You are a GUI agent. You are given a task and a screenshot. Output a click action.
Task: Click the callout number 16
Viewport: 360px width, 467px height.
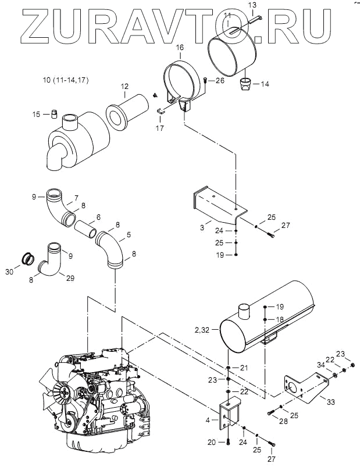(x=180, y=48)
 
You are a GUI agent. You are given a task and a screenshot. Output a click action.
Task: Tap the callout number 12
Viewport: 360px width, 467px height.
(x=125, y=87)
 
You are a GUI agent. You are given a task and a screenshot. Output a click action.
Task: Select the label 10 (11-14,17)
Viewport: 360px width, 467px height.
(x=66, y=80)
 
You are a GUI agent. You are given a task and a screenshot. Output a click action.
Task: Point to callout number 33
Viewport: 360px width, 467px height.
(x=331, y=402)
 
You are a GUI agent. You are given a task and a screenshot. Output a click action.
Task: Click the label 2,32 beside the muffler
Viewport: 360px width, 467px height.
(x=202, y=330)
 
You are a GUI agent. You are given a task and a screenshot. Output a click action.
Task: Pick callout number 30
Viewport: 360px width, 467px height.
(x=9, y=272)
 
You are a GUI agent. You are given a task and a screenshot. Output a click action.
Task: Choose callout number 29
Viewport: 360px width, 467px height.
(x=70, y=278)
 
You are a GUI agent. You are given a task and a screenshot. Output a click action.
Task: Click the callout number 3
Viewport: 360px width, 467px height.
(x=202, y=228)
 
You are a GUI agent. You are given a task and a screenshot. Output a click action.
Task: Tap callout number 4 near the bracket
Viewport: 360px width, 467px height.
(x=208, y=420)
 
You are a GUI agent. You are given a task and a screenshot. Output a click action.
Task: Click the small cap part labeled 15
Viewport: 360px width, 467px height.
(x=54, y=114)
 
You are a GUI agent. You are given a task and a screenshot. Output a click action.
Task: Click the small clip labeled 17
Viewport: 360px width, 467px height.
(x=161, y=111)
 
